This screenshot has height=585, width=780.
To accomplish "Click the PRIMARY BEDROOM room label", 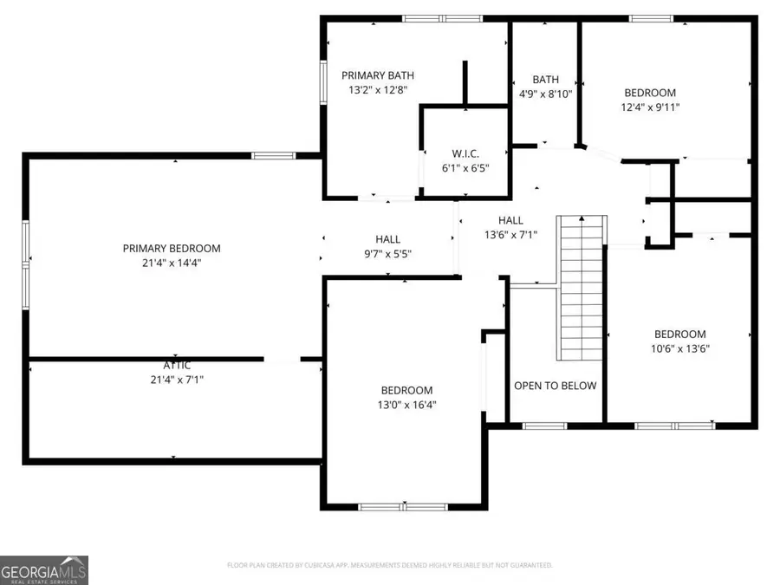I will [171, 248].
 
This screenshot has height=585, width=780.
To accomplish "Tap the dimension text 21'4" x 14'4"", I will [171, 263].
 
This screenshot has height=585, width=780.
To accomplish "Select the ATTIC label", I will [177, 365].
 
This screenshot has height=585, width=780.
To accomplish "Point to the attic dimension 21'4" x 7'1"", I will [177, 379].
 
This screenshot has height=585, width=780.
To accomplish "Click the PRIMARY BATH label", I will [374, 75].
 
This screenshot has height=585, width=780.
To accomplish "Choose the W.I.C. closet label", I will [465, 153].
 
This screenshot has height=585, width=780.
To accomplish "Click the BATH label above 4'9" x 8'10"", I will [546, 79].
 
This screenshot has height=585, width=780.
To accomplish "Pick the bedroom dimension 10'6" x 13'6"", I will [679, 348].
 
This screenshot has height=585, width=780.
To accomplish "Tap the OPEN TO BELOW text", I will [556, 386].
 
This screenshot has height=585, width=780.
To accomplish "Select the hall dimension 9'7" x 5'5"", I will [387, 254].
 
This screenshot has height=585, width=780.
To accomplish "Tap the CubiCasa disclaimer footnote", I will [389, 565].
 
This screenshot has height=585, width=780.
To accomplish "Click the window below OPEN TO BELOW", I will [545, 426].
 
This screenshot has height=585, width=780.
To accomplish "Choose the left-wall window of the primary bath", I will [323, 83].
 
